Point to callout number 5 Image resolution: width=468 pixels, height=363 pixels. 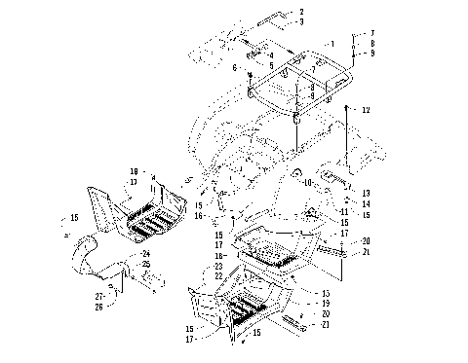[x=270, y=65]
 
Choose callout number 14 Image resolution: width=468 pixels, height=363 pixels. [x=365, y=203]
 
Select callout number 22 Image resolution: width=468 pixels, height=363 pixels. [x=218, y=266]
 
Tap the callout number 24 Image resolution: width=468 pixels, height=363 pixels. [x=145, y=253]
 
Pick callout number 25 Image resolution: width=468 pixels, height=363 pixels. [x=145, y=265]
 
